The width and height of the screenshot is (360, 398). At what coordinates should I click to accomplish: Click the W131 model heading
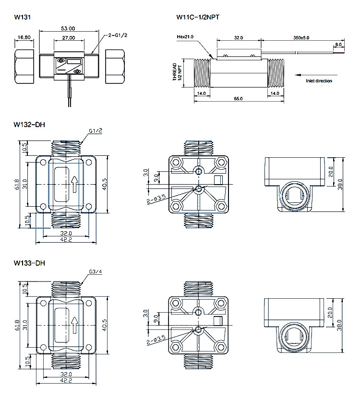pyautogui.click(x=23, y=17)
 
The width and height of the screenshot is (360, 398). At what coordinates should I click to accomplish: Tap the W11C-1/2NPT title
pyautogui.click(x=198, y=17)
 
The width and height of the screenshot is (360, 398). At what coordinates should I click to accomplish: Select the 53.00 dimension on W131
pyautogui.click(x=68, y=28)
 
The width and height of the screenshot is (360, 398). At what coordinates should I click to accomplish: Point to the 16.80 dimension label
pyautogui.click(x=24, y=37)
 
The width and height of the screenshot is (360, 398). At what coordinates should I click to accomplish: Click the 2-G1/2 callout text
pyautogui.click(x=118, y=35)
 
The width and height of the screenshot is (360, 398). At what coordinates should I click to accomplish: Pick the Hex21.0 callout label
pyautogui.click(x=185, y=37)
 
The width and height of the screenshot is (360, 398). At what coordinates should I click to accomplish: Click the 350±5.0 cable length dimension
pyautogui.click(x=301, y=38)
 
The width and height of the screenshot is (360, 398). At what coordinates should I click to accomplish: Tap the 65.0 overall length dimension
pyautogui.click(x=238, y=98)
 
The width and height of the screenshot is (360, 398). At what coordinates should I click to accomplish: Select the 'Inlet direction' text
pyautogui.click(x=319, y=81)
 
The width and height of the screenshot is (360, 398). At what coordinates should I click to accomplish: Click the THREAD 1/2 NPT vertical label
pyautogui.click(x=177, y=72)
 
